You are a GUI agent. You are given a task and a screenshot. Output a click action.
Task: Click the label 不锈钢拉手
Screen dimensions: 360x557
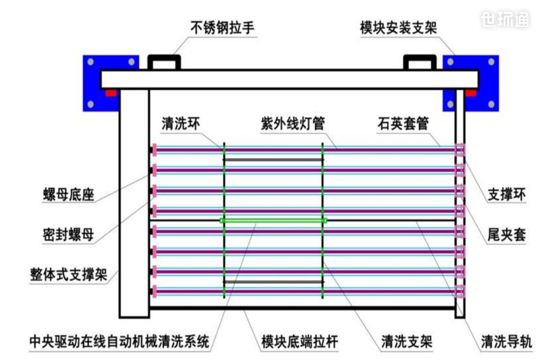pyautogui.click(x=222, y=28)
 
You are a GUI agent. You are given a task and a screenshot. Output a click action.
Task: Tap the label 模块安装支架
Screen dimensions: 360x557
pyautogui.click(x=398, y=28)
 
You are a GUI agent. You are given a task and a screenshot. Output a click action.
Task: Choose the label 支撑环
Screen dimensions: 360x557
pyautogui.click(x=507, y=194)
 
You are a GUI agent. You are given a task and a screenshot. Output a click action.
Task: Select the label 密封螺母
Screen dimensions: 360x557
pyautogui.click(x=69, y=235)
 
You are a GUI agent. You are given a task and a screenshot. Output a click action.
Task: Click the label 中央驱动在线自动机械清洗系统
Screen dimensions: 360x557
pyautogui.click(x=119, y=342)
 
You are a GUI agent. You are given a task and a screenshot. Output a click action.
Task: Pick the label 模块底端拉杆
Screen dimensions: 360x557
pyautogui.click(x=300, y=342)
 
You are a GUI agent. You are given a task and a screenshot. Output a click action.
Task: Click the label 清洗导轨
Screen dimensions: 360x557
pyautogui.click(x=507, y=342)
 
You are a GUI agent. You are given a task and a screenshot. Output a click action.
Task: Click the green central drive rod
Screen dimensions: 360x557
pyautogui.click(x=273, y=221)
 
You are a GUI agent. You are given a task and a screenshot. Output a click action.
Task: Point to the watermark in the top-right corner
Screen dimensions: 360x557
pyautogui.click(x=505, y=20)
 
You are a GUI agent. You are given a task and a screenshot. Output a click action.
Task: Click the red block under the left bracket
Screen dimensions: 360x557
pyautogui.click(x=111, y=92)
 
